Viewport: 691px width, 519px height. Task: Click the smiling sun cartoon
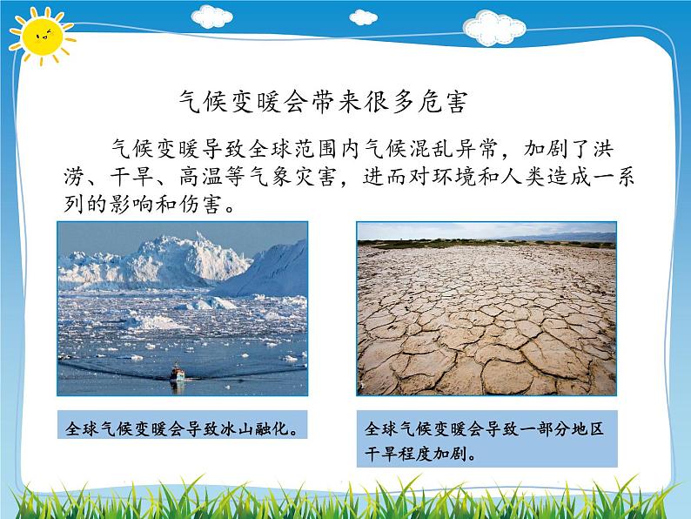click(39, 37)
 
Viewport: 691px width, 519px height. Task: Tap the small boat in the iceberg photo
click(177, 374)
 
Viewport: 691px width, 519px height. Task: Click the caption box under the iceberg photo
click(183, 428)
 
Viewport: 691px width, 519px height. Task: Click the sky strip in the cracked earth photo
click(486, 230)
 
